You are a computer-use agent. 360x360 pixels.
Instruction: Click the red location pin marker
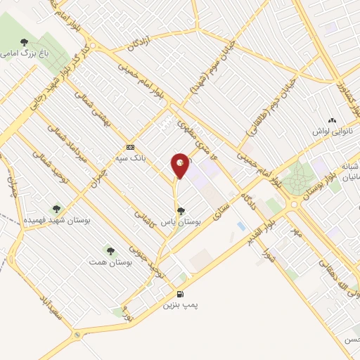(181, 165)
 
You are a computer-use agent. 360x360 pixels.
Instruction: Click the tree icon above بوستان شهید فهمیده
(57, 208)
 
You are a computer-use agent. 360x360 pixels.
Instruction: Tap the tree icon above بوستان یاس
(181, 210)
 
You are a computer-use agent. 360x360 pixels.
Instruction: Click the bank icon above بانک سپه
(130, 147)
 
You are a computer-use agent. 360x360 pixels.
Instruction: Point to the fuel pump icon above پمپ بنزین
(181, 294)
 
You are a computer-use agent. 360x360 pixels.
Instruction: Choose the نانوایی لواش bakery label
(332, 131)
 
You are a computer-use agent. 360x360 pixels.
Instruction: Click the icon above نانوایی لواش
(333, 120)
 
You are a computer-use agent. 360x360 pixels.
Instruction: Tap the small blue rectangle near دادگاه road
(242, 226)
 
